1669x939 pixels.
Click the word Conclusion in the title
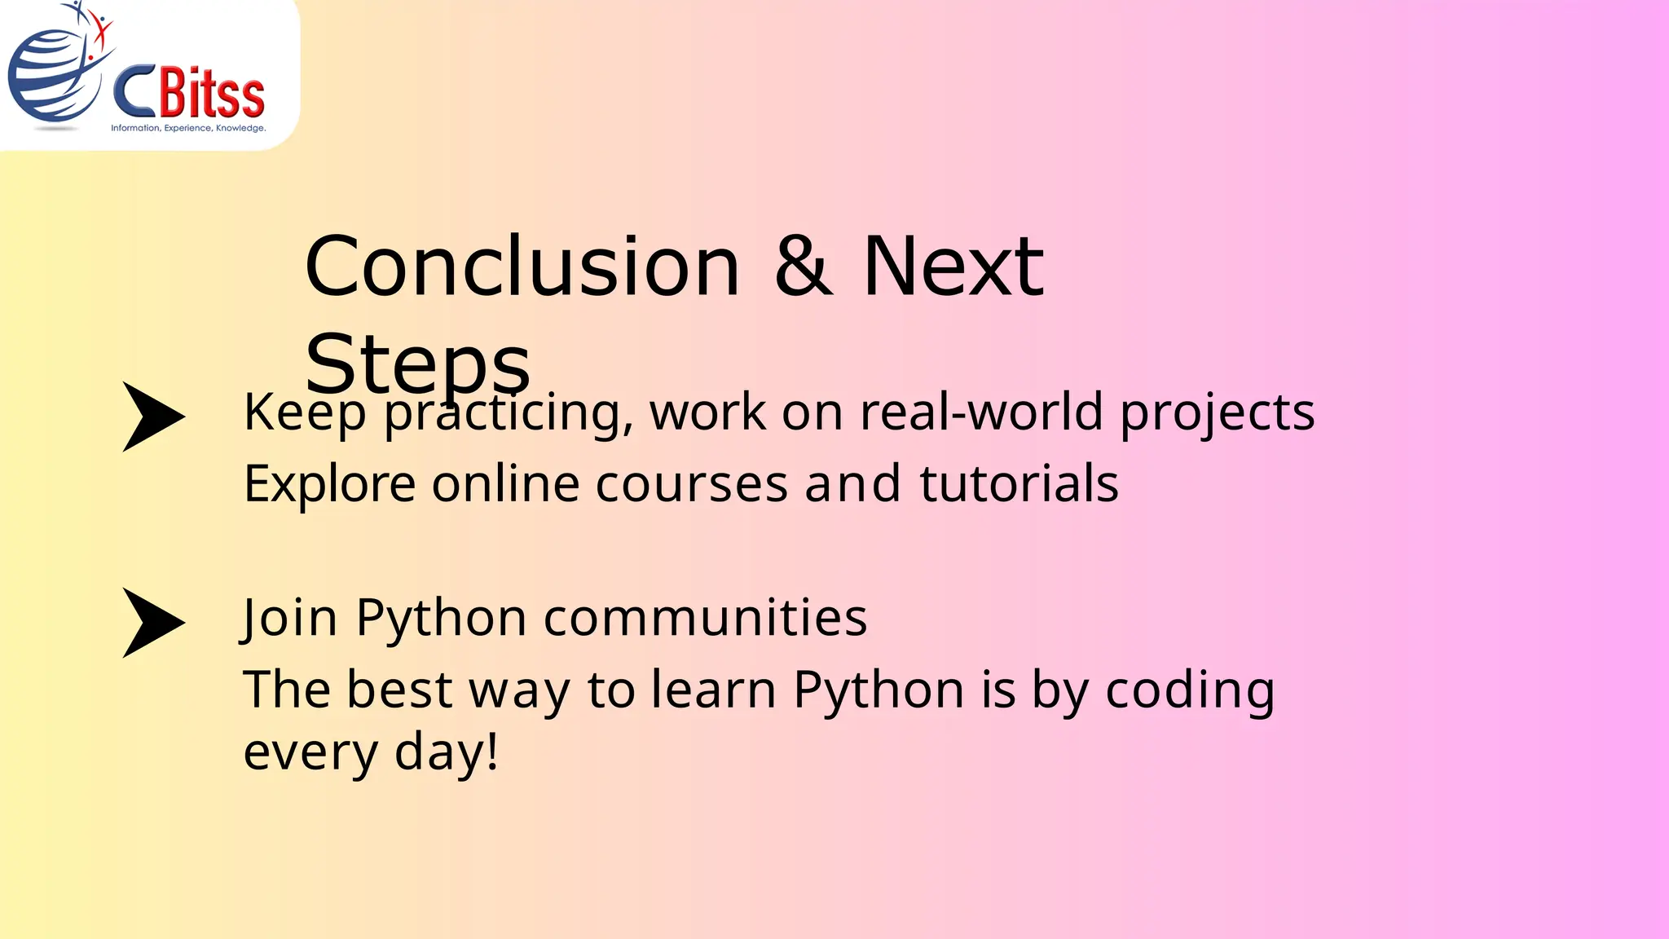point(522,267)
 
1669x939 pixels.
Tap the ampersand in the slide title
point(804,267)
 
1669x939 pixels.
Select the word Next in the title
point(953,267)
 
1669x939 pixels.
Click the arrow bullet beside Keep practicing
point(152,417)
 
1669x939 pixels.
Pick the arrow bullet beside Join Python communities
point(152,623)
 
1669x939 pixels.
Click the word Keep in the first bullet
point(305,412)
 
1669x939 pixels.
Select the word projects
point(1218,412)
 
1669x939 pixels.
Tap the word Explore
point(330,484)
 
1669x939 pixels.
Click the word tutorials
point(1019,484)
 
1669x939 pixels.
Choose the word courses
point(691,484)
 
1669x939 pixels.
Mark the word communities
point(705,618)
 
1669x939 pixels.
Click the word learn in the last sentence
point(713,690)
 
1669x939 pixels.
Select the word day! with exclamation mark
point(446,752)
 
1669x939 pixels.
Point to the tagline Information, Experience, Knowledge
point(188,128)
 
